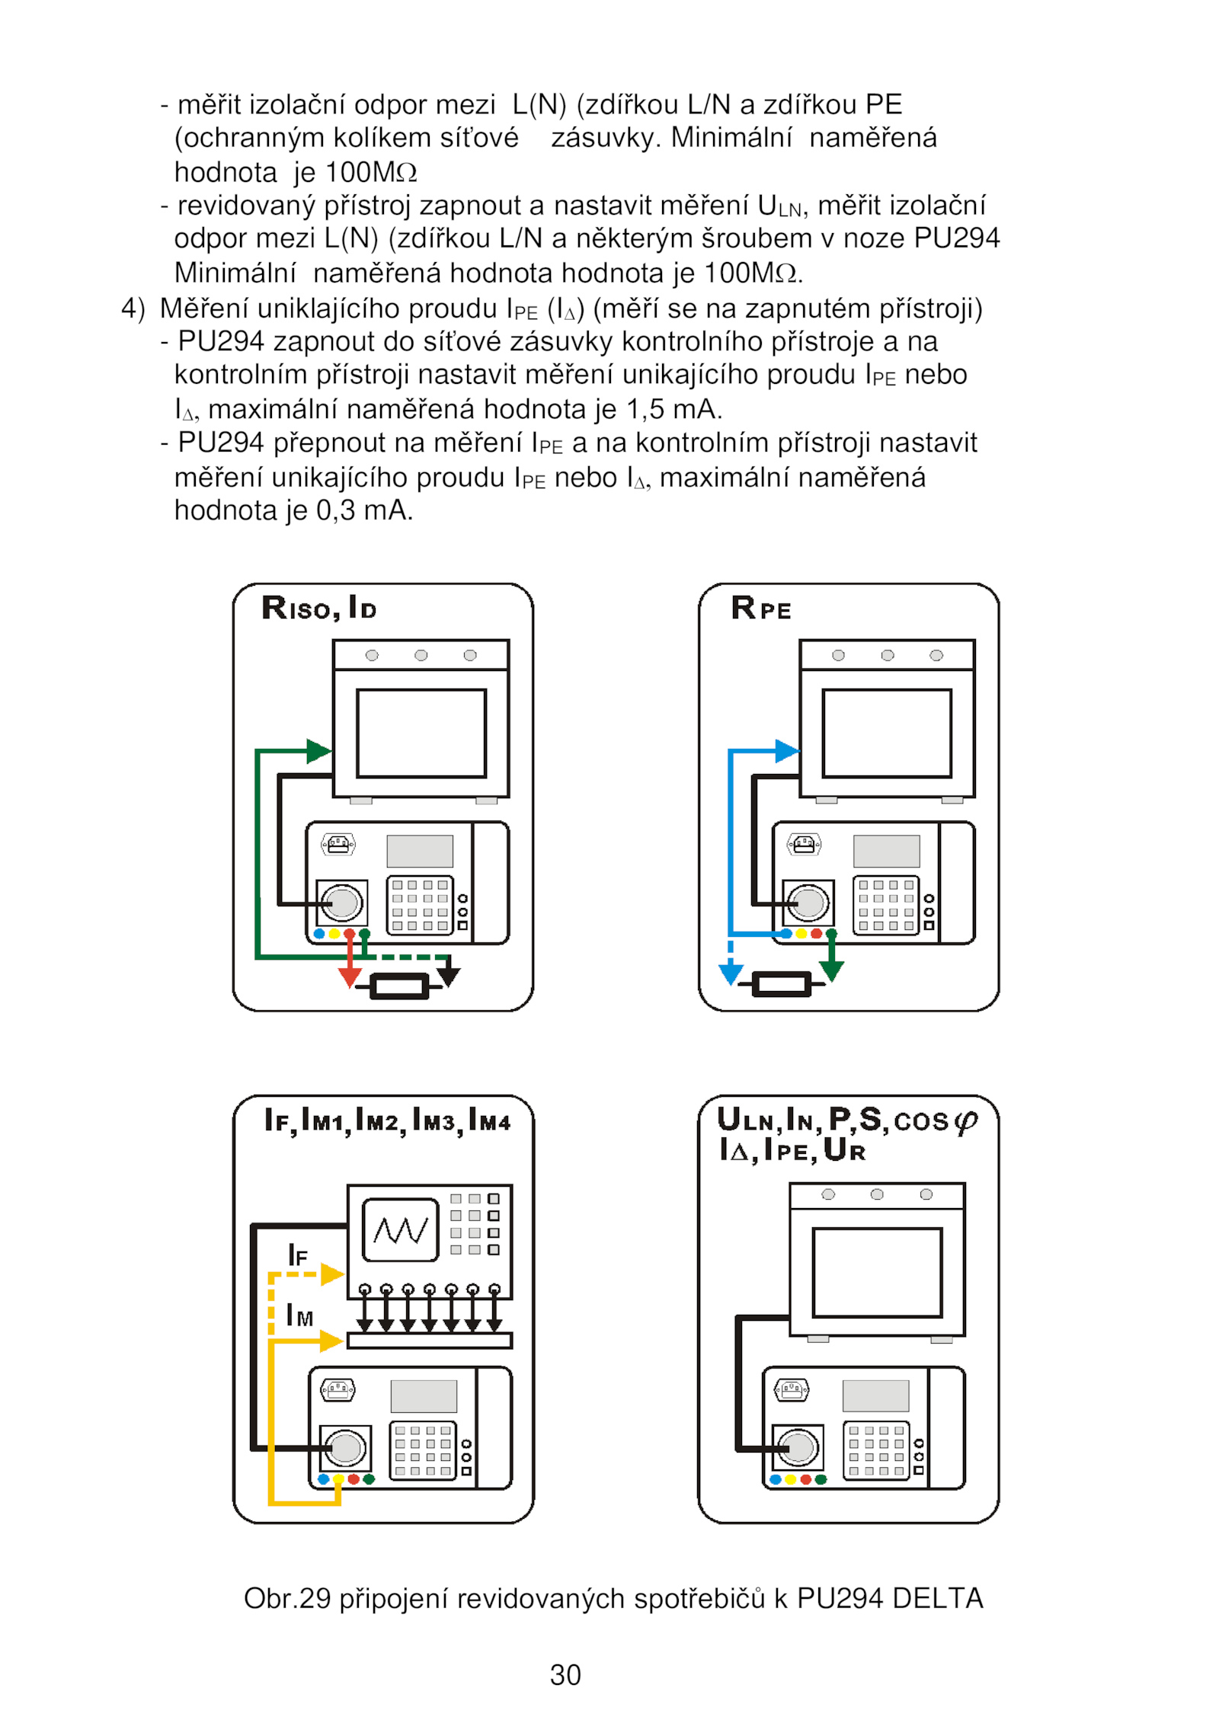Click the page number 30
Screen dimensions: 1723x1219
pyautogui.click(x=565, y=1675)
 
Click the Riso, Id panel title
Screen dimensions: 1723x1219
pyautogui.click(x=318, y=608)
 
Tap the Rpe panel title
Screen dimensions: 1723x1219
pyautogui.click(x=760, y=608)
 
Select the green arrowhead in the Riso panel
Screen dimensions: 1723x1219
pyautogui.click(x=318, y=751)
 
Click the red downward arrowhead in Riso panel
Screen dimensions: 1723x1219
pyautogui.click(x=350, y=978)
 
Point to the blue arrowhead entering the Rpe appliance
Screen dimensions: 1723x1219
pyautogui.click(x=786, y=751)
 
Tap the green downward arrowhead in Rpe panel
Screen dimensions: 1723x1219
pyautogui.click(x=831, y=971)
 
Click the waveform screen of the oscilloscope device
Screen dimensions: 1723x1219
pyautogui.click(x=401, y=1230)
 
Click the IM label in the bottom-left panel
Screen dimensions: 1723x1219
pyautogui.click(x=299, y=1315)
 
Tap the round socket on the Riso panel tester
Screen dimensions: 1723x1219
pyautogui.click(x=341, y=903)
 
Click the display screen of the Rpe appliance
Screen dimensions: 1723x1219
pyautogui.click(x=887, y=733)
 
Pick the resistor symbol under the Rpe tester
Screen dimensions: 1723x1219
pyautogui.click(x=781, y=984)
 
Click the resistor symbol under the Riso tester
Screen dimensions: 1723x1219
pyautogui.click(x=398, y=986)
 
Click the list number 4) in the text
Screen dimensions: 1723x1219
pyautogui.click(x=133, y=308)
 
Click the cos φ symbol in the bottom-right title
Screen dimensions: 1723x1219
pyautogui.click(x=935, y=1120)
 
